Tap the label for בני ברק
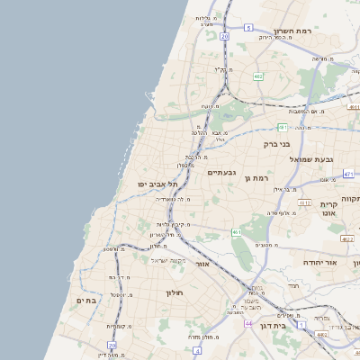pos(277,143)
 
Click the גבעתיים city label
pos(221,172)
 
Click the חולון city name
pos(174,292)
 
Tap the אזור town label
pos(202,265)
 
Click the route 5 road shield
pos(247,28)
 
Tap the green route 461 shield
pos(237,233)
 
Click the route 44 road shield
pos(247,321)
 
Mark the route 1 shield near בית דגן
pos(302,323)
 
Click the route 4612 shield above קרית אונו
pos(305,203)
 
